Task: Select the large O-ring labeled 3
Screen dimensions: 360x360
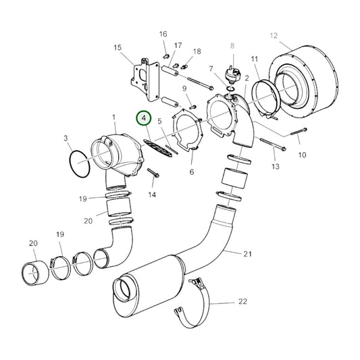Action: pyautogui.click(x=80, y=164)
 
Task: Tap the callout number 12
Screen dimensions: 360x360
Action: pyautogui.click(x=274, y=35)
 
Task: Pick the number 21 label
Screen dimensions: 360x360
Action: pyautogui.click(x=247, y=253)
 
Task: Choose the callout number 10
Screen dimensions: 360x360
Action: pyautogui.click(x=302, y=155)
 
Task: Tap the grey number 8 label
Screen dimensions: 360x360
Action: pyautogui.click(x=231, y=46)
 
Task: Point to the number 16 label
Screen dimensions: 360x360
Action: pyautogui.click(x=163, y=34)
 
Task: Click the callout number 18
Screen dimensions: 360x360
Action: pyautogui.click(x=197, y=51)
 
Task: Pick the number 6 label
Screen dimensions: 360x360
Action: pyautogui.click(x=191, y=172)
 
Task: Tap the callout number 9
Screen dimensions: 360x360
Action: pyautogui.click(x=184, y=88)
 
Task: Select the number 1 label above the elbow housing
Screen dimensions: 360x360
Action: pyautogui.click(x=114, y=118)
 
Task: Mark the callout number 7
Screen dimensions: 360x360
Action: pyautogui.click(x=211, y=69)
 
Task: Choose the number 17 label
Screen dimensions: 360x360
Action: pyautogui.click(x=178, y=46)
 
